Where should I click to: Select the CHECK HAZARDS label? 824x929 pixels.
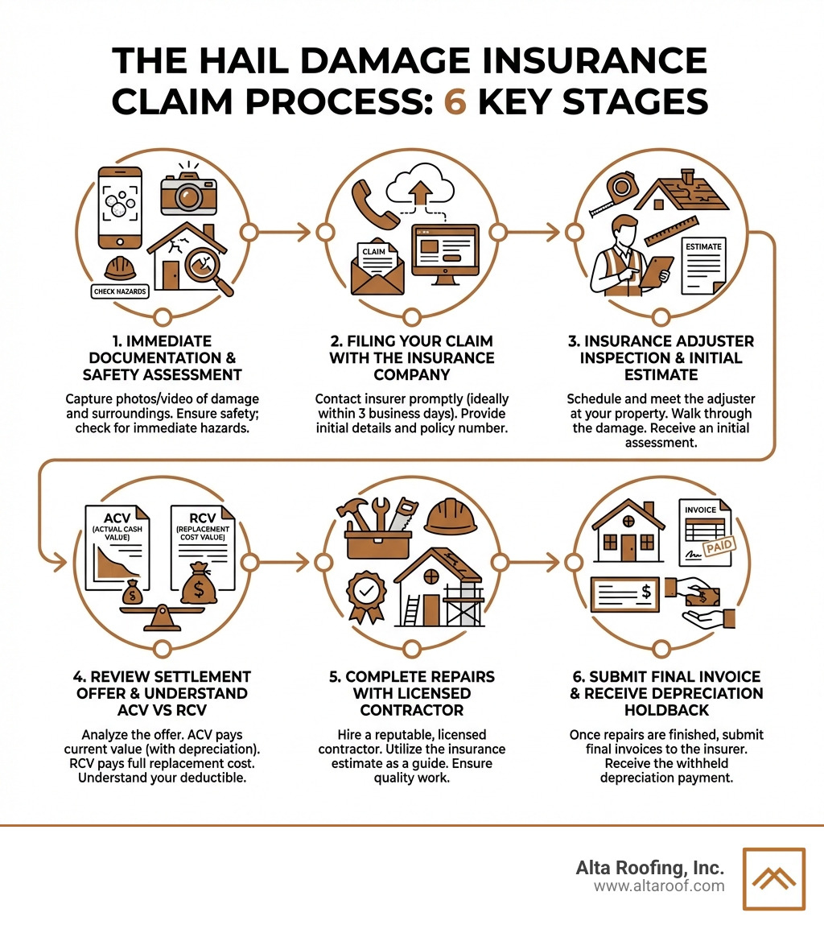click(120, 291)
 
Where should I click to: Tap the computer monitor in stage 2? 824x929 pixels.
click(444, 255)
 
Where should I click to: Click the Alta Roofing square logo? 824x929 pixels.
click(773, 878)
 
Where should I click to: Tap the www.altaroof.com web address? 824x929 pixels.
click(659, 886)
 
